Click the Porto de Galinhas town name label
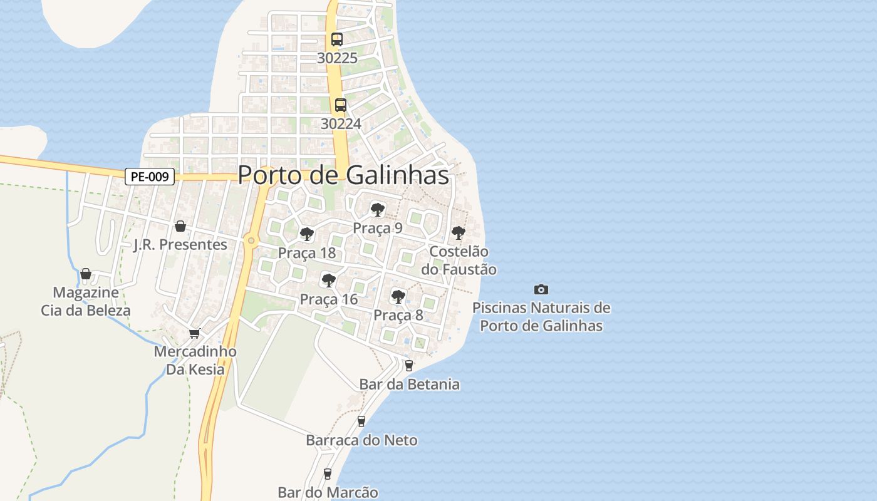(343, 175)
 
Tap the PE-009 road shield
(150, 177)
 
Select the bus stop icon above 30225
(337, 39)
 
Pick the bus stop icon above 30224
(341, 105)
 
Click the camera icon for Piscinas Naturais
(541, 289)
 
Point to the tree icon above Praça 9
(377, 209)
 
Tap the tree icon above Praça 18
(306, 234)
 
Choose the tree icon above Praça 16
(328, 280)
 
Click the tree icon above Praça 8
(398, 296)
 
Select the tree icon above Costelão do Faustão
(459, 233)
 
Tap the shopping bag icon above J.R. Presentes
(180, 225)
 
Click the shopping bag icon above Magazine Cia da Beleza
(86, 274)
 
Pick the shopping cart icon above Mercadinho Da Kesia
(195, 333)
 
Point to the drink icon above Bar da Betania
(409, 365)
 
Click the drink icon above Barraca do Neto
(361, 421)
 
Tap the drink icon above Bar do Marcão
(327, 474)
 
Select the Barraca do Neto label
(361, 440)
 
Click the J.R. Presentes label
(180, 244)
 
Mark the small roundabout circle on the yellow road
(251, 240)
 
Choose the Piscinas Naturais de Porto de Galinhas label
(541, 317)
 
